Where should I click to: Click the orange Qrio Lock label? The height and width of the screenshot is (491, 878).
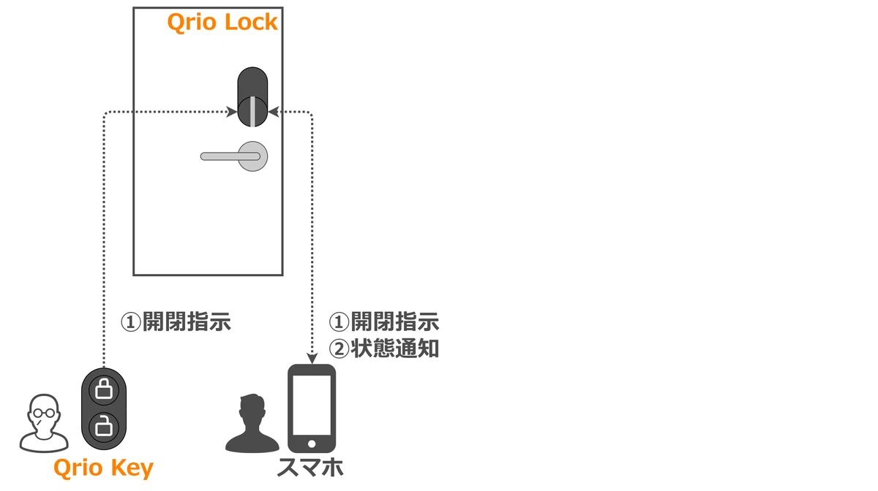(x=222, y=23)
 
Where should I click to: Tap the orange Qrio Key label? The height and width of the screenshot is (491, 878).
(x=103, y=468)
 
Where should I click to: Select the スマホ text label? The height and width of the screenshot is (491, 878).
(x=310, y=468)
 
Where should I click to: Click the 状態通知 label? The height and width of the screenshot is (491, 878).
(x=394, y=349)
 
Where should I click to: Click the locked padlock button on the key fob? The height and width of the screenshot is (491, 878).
(x=104, y=389)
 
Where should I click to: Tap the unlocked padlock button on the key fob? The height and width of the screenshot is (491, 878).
(x=104, y=427)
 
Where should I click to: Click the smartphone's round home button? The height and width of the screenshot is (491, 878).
(x=312, y=444)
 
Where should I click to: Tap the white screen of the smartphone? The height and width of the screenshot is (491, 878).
(x=312, y=406)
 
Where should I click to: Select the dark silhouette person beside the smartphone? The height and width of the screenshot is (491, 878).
(x=252, y=423)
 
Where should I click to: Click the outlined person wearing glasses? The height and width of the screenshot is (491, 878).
(x=44, y=423)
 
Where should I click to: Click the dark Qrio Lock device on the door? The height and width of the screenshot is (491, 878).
(x=253, y=97)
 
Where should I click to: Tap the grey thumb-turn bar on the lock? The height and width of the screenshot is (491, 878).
(x=253, y=111)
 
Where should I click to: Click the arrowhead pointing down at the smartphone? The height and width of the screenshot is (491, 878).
(x=312, y=359)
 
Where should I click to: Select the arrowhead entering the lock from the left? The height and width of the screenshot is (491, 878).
(x=232, y=112)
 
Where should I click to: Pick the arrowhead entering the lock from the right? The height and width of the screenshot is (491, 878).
(x=274, y=112)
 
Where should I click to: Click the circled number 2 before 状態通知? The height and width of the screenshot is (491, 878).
(x=339, y=349)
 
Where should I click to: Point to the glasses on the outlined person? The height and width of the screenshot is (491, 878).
(x=44, y=413)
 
